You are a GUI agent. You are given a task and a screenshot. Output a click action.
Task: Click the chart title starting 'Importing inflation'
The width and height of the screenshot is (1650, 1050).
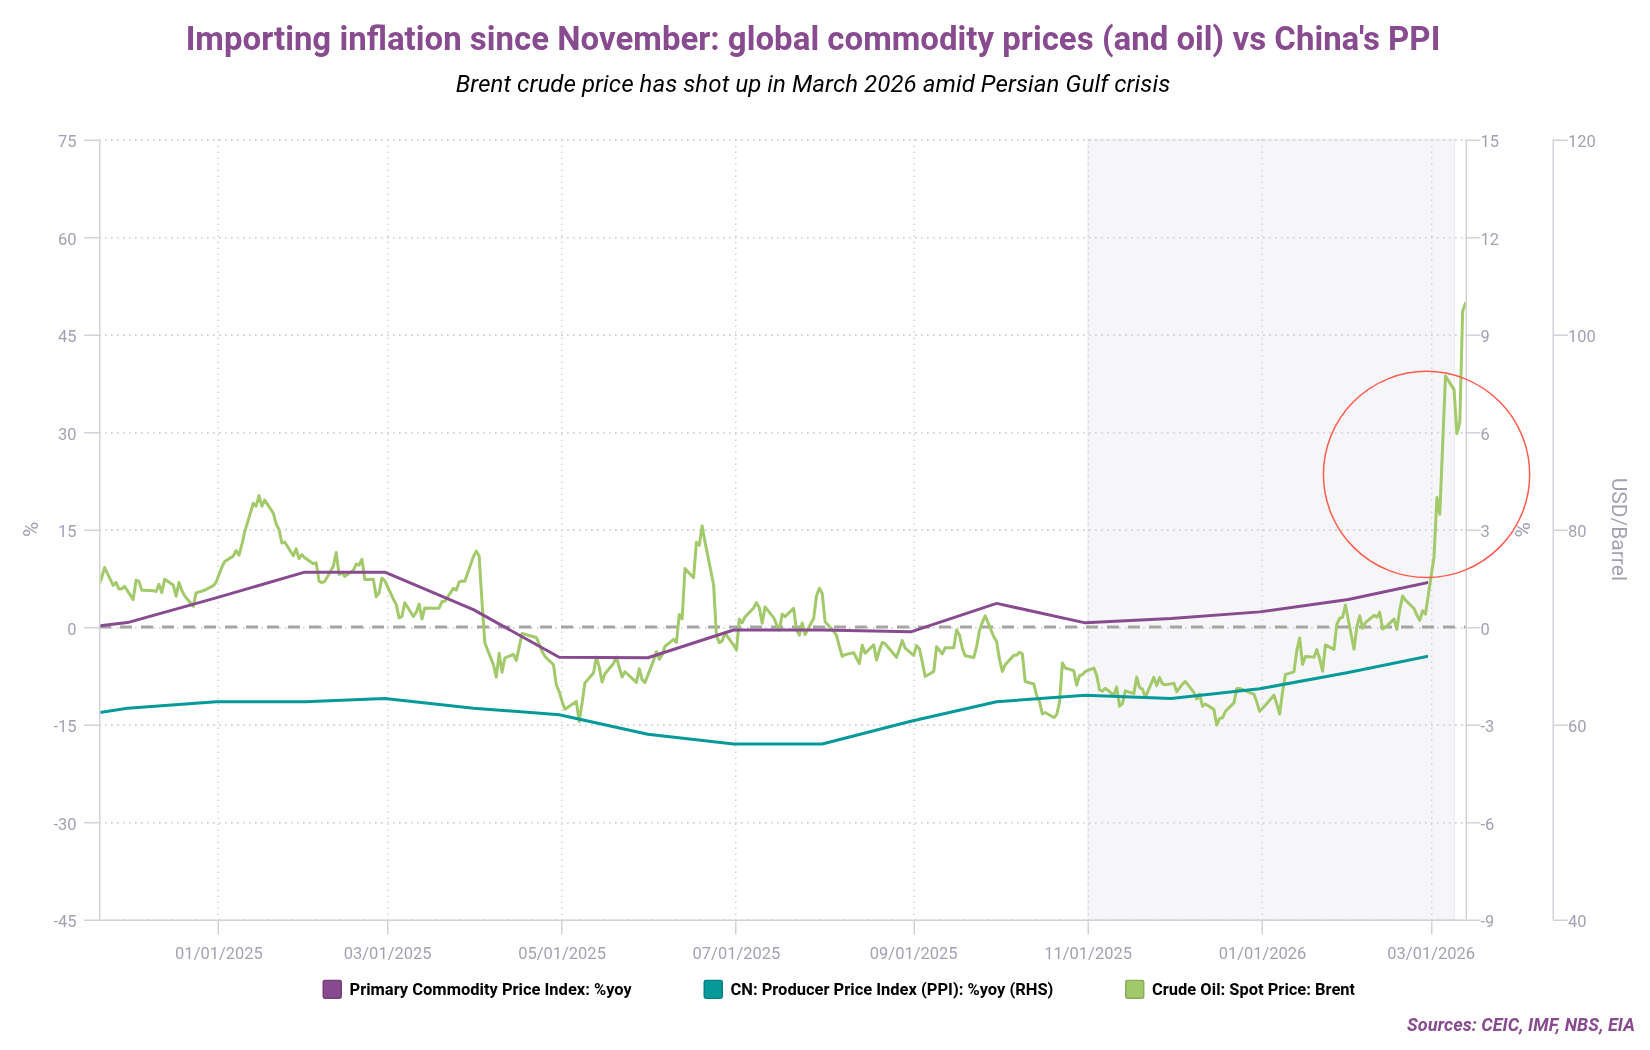(x=812, y=39)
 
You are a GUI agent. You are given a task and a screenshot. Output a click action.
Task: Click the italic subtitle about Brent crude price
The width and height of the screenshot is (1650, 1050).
(x=812, y=84)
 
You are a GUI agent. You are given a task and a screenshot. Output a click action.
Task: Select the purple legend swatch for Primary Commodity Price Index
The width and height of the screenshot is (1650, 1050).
(x=332, y=989)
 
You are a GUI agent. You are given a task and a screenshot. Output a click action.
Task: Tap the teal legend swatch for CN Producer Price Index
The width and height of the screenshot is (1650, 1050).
(x=713, y=989)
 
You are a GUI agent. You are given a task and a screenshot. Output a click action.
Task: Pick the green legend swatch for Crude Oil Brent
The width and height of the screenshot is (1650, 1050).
(x=1134, y=989)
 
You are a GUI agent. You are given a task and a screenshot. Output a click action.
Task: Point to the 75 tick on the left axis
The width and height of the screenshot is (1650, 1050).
(x=67, y=141)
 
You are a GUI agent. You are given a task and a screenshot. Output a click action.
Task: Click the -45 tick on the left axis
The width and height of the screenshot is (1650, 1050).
(x=65, y=921)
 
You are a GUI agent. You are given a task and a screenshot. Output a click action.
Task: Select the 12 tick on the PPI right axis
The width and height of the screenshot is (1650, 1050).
(x=1490, y=238)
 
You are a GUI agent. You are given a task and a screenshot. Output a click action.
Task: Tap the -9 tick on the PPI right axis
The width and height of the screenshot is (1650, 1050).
(x=1487, y=921)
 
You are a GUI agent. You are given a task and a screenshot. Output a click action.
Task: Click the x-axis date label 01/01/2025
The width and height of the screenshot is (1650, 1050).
(x=219, y=953)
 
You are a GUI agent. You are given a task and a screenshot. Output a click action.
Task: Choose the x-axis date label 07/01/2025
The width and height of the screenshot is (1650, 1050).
(x=736, y=953)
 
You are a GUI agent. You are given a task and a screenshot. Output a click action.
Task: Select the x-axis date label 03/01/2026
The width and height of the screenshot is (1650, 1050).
(x=1431, y=953)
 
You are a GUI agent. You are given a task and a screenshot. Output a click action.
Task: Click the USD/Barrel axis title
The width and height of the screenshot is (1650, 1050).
(x=1618, y=529)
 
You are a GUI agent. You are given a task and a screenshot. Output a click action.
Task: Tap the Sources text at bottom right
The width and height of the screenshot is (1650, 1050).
(x=1520, y=1025)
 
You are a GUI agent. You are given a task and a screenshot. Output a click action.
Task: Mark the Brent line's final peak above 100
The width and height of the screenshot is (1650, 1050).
(x=1465, y=303)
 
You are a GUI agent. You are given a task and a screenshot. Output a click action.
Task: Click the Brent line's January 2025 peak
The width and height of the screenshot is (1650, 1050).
(x=258, y=495)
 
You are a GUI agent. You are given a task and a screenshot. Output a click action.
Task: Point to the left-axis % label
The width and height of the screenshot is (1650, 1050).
(x=30, y=529)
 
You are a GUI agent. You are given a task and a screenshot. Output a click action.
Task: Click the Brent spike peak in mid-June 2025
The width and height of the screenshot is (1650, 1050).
(x=702, y=526)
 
